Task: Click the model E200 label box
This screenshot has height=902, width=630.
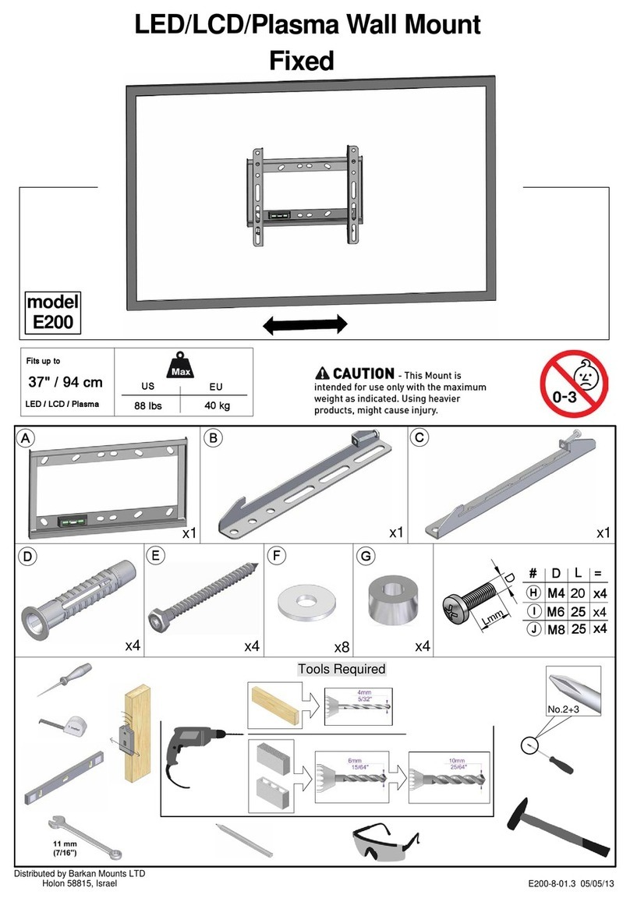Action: tap(52, 311)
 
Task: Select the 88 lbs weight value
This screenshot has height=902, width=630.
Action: tap(147, 406)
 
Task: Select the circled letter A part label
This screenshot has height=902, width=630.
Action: tap(27, 438)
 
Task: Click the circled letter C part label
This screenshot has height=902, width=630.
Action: tap(419, 438)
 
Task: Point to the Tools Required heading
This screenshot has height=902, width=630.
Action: tap(342, 670)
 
